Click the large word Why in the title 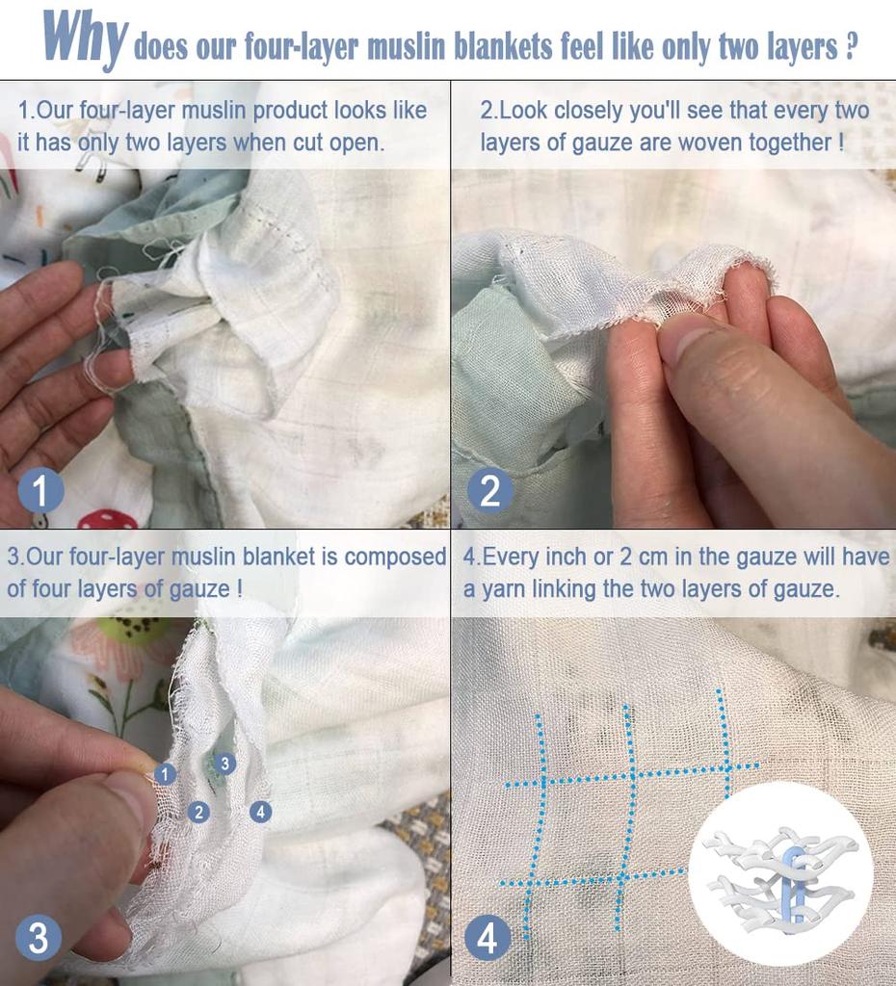(x=84, y=39)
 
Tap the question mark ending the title (x=850, y=47)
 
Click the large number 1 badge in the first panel (x=40, y=491)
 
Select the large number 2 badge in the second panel (x=490, y=491)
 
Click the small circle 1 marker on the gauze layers (x=166, y=774)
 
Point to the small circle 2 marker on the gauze (x=198, y=812)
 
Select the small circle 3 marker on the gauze (x=224, y=764)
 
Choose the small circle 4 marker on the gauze (x=260, y=812)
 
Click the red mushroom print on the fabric (x=107, y=520)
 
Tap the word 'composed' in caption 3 (x=396, y=557)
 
